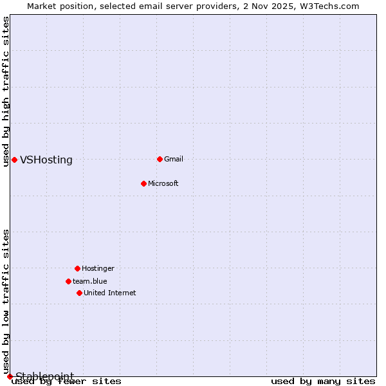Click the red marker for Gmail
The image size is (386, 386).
[160, 159]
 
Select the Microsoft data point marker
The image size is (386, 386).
[143, 183]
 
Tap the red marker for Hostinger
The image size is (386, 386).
[77, 268]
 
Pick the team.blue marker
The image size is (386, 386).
[68, 281]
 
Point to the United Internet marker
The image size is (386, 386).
[79, 293]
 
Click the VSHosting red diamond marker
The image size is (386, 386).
[14, 160]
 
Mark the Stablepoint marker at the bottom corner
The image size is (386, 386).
[10, 376]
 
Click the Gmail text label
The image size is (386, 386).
[174, 159]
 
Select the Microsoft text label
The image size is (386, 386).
[163, 183]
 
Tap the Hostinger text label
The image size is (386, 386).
[98, 268]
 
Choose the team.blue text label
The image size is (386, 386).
[90, 281]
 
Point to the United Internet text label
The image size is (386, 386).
[110, 293]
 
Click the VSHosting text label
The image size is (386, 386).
[46, 160]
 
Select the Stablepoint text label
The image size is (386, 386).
[45, 376]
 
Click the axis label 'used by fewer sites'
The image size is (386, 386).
[67, 381]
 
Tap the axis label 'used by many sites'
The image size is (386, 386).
[323, 381]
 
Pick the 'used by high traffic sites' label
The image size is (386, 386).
[6, 91]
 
